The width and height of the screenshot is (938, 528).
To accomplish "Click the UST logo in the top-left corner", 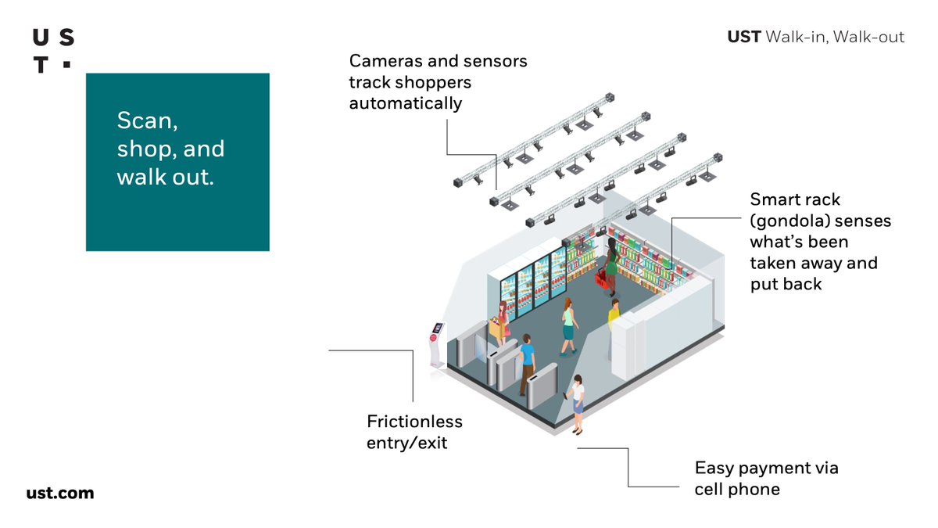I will [53, 51].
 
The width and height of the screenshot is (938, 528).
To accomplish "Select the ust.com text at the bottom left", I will [60, 493].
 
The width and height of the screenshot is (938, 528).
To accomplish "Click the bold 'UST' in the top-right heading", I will [743, 37].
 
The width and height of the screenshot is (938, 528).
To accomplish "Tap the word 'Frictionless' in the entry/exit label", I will [414, 422].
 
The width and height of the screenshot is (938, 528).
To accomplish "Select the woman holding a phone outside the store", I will [577, 402].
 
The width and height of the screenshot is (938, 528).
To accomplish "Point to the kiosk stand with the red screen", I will [436, 343].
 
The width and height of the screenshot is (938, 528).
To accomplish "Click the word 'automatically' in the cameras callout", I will [405, 103].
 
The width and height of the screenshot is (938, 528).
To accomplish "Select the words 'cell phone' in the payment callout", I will [737, 490].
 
